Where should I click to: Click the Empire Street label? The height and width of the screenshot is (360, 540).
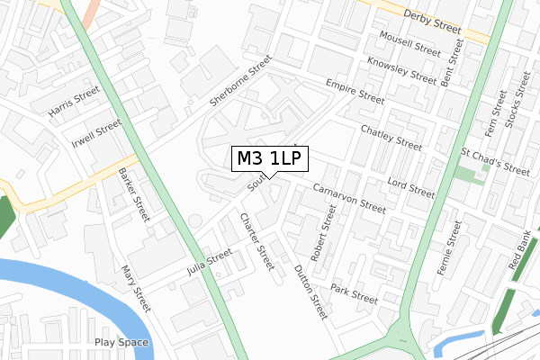(x=356, y=89)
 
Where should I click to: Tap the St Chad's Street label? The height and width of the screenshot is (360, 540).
(x=496, y=159)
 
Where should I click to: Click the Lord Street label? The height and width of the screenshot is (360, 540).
(x=410, y=186)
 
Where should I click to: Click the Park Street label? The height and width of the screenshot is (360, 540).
(x=354, y=292)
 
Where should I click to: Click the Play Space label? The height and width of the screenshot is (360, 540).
(x=121, y=342)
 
